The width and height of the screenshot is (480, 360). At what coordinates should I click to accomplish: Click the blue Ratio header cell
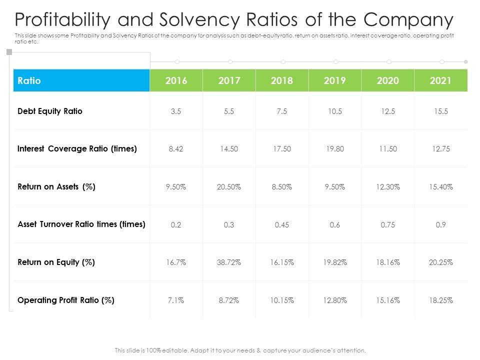[x=81, y=80]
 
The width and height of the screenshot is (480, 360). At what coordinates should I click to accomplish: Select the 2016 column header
[x=176, y=80]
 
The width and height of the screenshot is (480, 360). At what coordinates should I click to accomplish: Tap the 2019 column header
[x=335, y=80]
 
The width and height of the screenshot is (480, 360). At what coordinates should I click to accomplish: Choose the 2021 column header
[x=440, y=80]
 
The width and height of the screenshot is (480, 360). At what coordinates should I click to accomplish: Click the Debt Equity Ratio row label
[x=50, y=111]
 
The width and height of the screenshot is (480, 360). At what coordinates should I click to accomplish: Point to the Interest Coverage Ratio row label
[x=77, y=149]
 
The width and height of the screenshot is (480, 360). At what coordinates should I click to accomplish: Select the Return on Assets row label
[x=56, y=187]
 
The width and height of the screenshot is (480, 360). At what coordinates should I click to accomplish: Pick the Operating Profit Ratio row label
[x=66, y=300]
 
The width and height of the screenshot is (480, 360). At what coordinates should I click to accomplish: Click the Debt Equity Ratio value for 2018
[x=281, y=111]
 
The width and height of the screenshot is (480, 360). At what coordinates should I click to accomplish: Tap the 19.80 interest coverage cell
[x=335, y=149]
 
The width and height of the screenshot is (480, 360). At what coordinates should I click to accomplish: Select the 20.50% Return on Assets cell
[x=229, y=187]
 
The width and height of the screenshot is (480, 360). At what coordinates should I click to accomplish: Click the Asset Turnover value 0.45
[x=281, y=225]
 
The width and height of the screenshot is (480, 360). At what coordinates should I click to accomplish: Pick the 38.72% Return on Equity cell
[x=229, y=262]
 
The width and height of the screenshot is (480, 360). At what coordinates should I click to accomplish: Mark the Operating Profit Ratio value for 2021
[x=440, y=300]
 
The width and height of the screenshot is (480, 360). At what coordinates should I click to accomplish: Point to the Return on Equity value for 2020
[x=387, y=262]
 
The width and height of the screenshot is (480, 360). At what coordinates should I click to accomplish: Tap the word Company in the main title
[x=408, y=20]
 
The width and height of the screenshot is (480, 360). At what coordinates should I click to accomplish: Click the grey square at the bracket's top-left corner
[x=8, y=52]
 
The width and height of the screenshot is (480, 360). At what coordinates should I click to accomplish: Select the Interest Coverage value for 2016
[x=176, y=149]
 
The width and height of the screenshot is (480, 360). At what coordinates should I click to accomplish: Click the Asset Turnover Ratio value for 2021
[x=440, y=225]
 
